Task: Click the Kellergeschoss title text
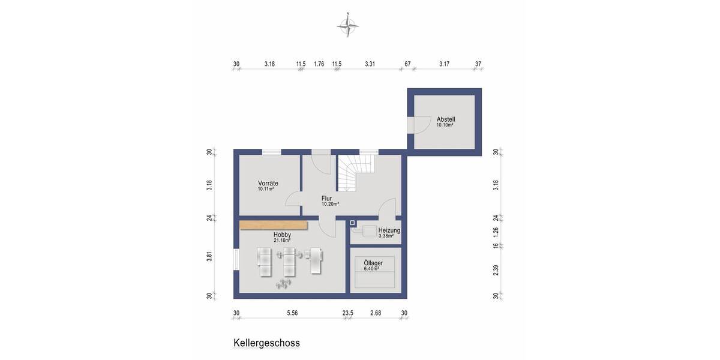pos(266,343)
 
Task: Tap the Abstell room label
pos(445,119)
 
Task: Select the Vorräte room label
pos(268,183)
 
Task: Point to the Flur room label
pos(326,198)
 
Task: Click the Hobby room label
pos(283,235)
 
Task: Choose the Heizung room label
pos(389,230)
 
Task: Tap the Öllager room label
pos(373,263)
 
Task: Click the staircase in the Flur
pos(354,173)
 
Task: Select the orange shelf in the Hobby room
pos(273,226)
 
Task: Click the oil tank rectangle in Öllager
pos(375,278)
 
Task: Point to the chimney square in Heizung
pos(353,223)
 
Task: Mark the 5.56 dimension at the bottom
pos(292,313)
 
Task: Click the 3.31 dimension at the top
pos(370,64)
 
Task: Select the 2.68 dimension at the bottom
pos(376,313)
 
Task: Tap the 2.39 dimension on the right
pos(496,270)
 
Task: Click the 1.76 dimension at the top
pos(319,64)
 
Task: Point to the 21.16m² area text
pos(282,241)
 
